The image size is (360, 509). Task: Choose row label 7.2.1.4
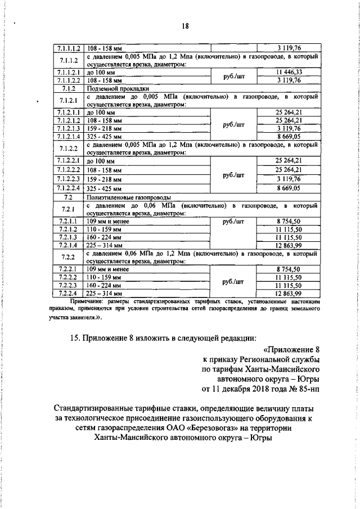click(67, 245)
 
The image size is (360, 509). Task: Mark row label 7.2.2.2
click(67, 278)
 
